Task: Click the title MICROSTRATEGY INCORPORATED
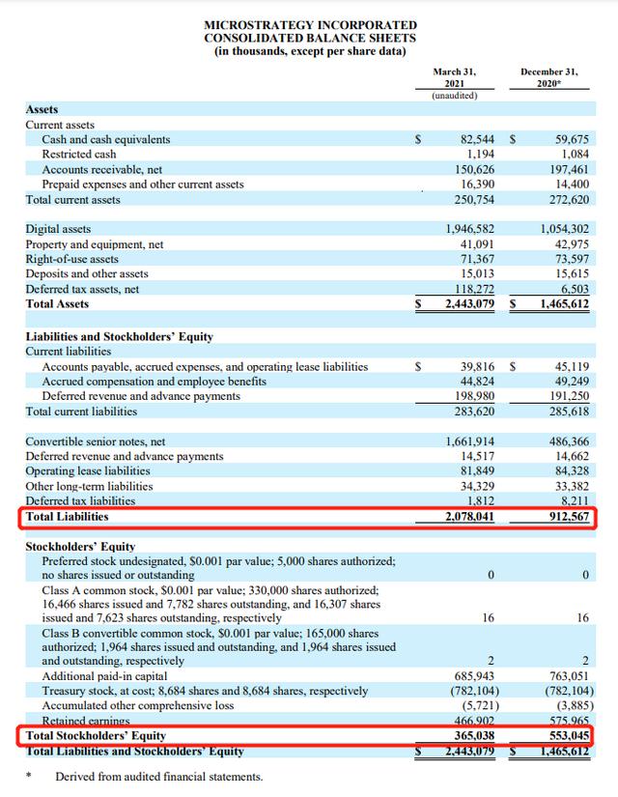(x=311, y=24)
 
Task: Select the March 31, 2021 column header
(x=454, y=77)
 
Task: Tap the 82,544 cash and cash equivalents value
(x=473, y=139)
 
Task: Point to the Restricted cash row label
(x=79, y=155)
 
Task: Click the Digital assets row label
(x=58, y=229)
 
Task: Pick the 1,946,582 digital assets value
(x=466, y=229)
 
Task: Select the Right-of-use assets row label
(x=72, y=259)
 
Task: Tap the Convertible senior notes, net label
(x=96, y=441)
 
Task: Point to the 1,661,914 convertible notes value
(x=466, y=441)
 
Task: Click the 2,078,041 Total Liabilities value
(x=466, y=517)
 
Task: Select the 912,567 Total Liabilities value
(x=563, y=517)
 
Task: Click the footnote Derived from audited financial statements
(x=158, y=777)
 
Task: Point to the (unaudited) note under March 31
(x=455, y=95)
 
